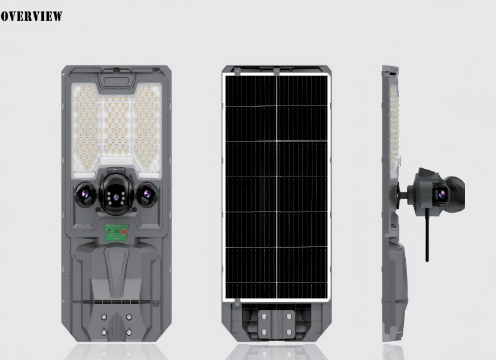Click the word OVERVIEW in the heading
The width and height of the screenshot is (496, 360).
click(x=31, y=17)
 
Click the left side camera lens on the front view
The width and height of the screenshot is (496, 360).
click(x=84, y=195)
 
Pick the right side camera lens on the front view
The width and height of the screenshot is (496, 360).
click(x=147, y=194)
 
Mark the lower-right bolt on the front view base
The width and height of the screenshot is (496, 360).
click(x=129, y=332)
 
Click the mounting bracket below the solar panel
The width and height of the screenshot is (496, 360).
click(x=276, y=324)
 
